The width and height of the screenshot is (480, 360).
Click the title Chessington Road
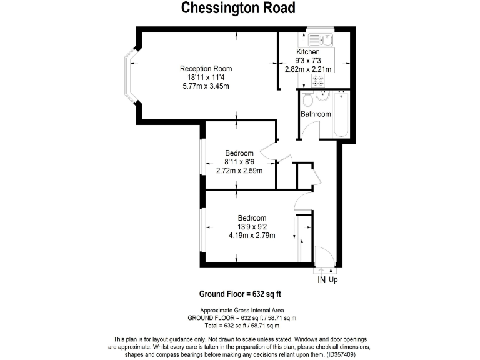click(239, 9)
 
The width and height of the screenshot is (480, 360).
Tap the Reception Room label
click(206, 69)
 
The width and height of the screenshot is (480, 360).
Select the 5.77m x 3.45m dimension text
click(206, 86)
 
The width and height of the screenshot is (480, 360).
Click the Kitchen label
click(307, 52)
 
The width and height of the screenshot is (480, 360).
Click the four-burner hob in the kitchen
click(319, 80)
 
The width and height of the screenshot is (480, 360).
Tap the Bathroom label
click(316, 114)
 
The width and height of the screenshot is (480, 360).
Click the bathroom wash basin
click(322, 96)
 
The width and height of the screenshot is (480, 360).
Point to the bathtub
click(341, 112)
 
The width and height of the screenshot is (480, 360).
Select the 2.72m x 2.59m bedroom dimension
click(239, 171)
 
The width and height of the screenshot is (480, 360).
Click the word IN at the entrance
click(322, 281)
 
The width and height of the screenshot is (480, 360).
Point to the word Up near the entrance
click(334, 281)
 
